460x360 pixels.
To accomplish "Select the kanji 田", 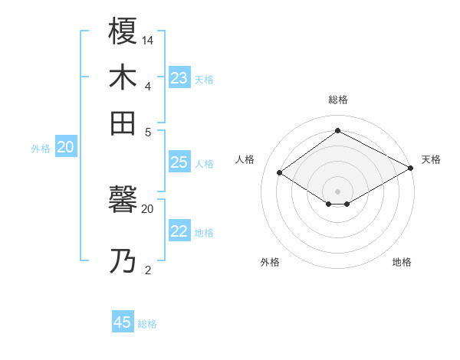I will [x=123, y=123].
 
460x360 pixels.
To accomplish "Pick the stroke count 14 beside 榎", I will [x=148, y=40].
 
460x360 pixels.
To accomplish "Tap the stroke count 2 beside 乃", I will [x=148, y=270].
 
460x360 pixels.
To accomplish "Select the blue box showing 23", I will [x=179, y=78].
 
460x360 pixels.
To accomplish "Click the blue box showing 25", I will [x=179, y=162].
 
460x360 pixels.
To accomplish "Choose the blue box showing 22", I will [x=179, y=231].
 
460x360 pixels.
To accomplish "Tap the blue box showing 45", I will [x=123, y=322].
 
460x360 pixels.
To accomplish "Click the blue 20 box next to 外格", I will [x=65, y=148].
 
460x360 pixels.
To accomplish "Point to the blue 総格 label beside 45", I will [x=147, y=324].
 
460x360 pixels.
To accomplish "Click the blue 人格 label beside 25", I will [x=204, y=164].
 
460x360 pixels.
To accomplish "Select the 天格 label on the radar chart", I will [x=431, y=159].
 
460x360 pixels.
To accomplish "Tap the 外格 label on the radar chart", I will [x=270, y=262].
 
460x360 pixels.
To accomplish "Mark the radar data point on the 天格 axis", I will [x=411, y=169].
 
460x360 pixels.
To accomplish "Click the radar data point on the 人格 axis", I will [x=279, y=173].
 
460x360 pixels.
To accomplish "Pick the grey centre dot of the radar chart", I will [x=337, y=191].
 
